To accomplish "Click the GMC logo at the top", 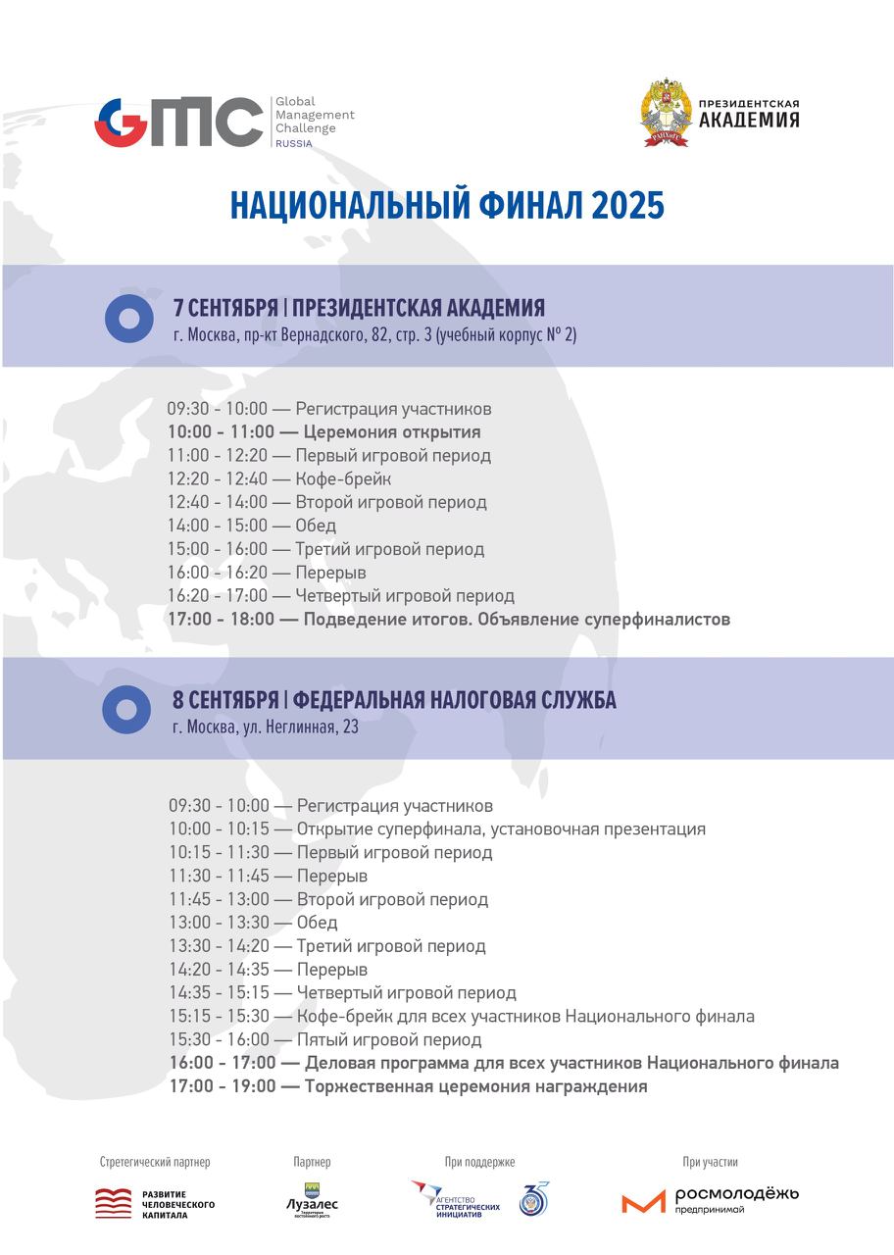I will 178,123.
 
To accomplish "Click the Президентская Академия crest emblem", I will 666,113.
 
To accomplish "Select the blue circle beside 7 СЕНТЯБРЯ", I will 129,318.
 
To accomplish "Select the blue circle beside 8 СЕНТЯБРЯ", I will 126,709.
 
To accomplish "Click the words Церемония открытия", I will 392,432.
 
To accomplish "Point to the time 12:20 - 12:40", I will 217,479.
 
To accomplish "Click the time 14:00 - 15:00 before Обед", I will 217,526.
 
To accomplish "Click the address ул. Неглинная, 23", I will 293,727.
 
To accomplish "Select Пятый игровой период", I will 389,1040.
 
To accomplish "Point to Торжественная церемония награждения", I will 475,1087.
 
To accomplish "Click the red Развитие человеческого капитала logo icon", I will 113,1203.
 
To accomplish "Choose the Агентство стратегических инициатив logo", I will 456,1198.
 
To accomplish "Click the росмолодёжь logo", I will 710,1199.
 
